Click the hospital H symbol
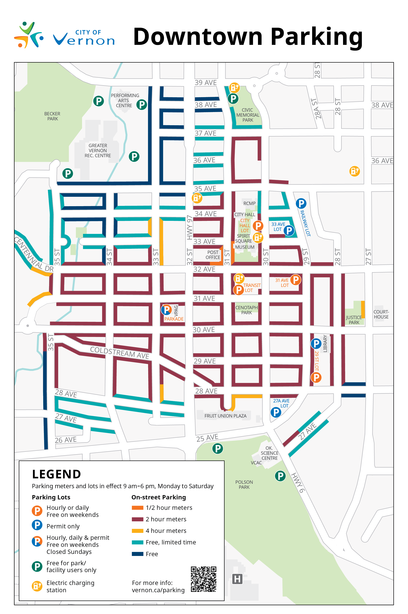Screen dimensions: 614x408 point(237,579)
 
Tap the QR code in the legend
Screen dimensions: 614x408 point(203,579)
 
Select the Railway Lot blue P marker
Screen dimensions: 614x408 point(301,203)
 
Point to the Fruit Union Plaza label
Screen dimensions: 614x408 point(225,416)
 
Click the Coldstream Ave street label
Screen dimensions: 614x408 point(119,353)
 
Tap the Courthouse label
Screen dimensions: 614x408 point(381,314)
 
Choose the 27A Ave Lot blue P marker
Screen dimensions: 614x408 point(276,412)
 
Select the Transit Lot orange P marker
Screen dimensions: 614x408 point(239,290)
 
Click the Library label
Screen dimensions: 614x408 point(325,343)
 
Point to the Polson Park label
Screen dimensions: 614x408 point(244,485)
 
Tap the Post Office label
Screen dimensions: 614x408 point(213,255)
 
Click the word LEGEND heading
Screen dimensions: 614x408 point(56,474)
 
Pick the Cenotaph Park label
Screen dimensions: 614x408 point(246,310)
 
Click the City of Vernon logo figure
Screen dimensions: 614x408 point(29,35)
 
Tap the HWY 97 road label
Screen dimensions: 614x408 point(189,227)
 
